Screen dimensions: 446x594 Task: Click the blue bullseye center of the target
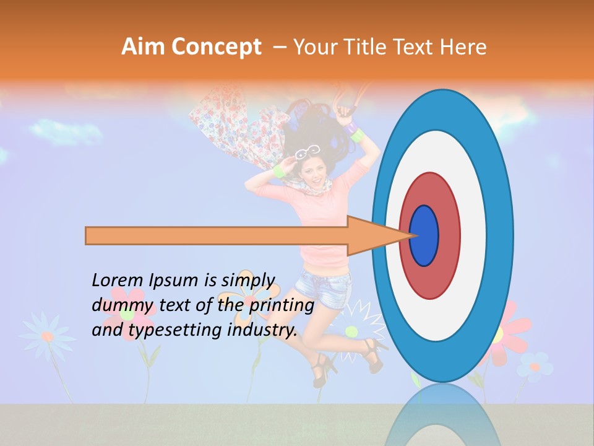424,235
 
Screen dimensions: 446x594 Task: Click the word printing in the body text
281,305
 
